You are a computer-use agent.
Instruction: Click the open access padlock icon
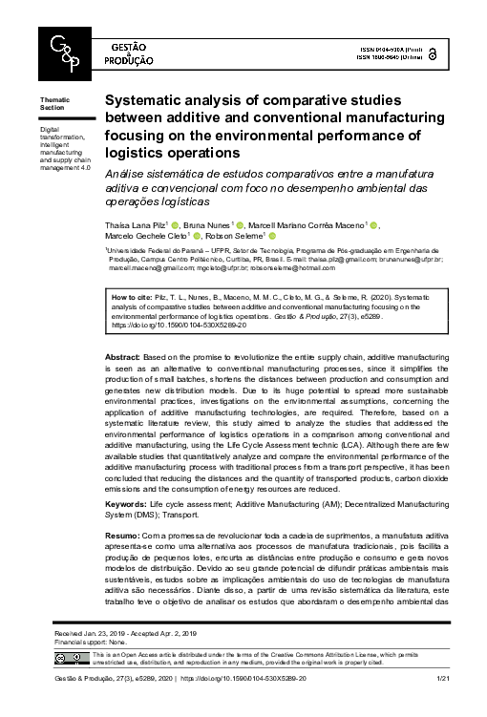point(434,54)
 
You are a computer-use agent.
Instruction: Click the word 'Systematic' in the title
point(141,99)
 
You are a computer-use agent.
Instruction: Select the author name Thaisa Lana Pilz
point(136,225)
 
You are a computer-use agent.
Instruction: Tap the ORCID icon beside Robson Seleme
point(272,235)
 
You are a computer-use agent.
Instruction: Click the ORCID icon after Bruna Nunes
point(242,225)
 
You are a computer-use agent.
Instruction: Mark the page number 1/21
point(441,704)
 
